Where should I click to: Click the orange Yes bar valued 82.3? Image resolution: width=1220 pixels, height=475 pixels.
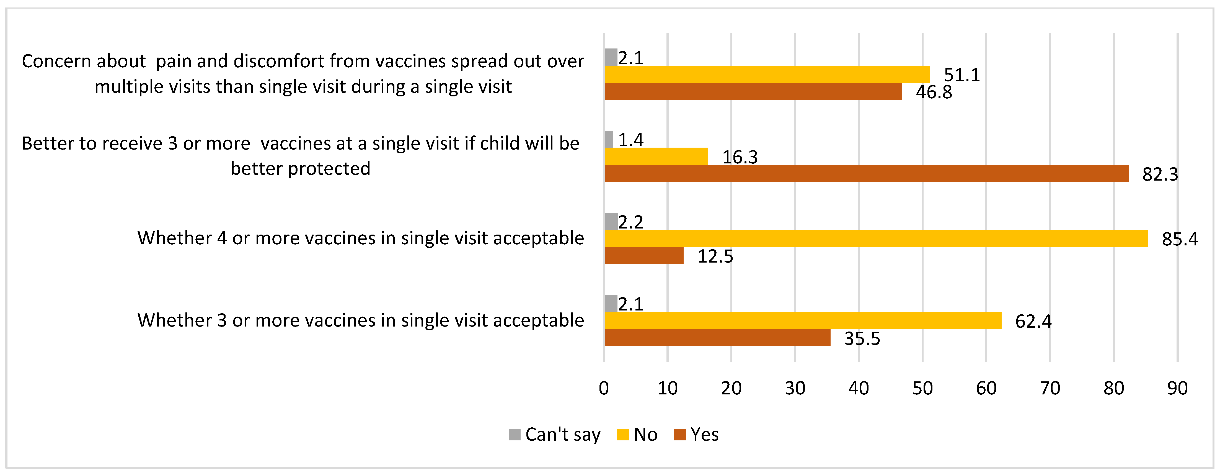(866, 173)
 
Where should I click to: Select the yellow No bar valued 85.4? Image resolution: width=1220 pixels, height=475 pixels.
(876, 238)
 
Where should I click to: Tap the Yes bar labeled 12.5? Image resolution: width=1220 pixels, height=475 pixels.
(644, 256)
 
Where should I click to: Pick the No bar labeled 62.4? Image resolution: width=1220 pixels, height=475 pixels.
(803, 320)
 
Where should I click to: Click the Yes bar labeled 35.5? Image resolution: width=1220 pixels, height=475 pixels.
(717, 338)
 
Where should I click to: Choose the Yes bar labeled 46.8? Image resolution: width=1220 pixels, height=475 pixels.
(753, 91)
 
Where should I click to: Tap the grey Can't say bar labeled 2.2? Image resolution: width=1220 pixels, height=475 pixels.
(611, 221)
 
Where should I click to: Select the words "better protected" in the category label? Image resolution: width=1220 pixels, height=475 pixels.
(300, 169)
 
